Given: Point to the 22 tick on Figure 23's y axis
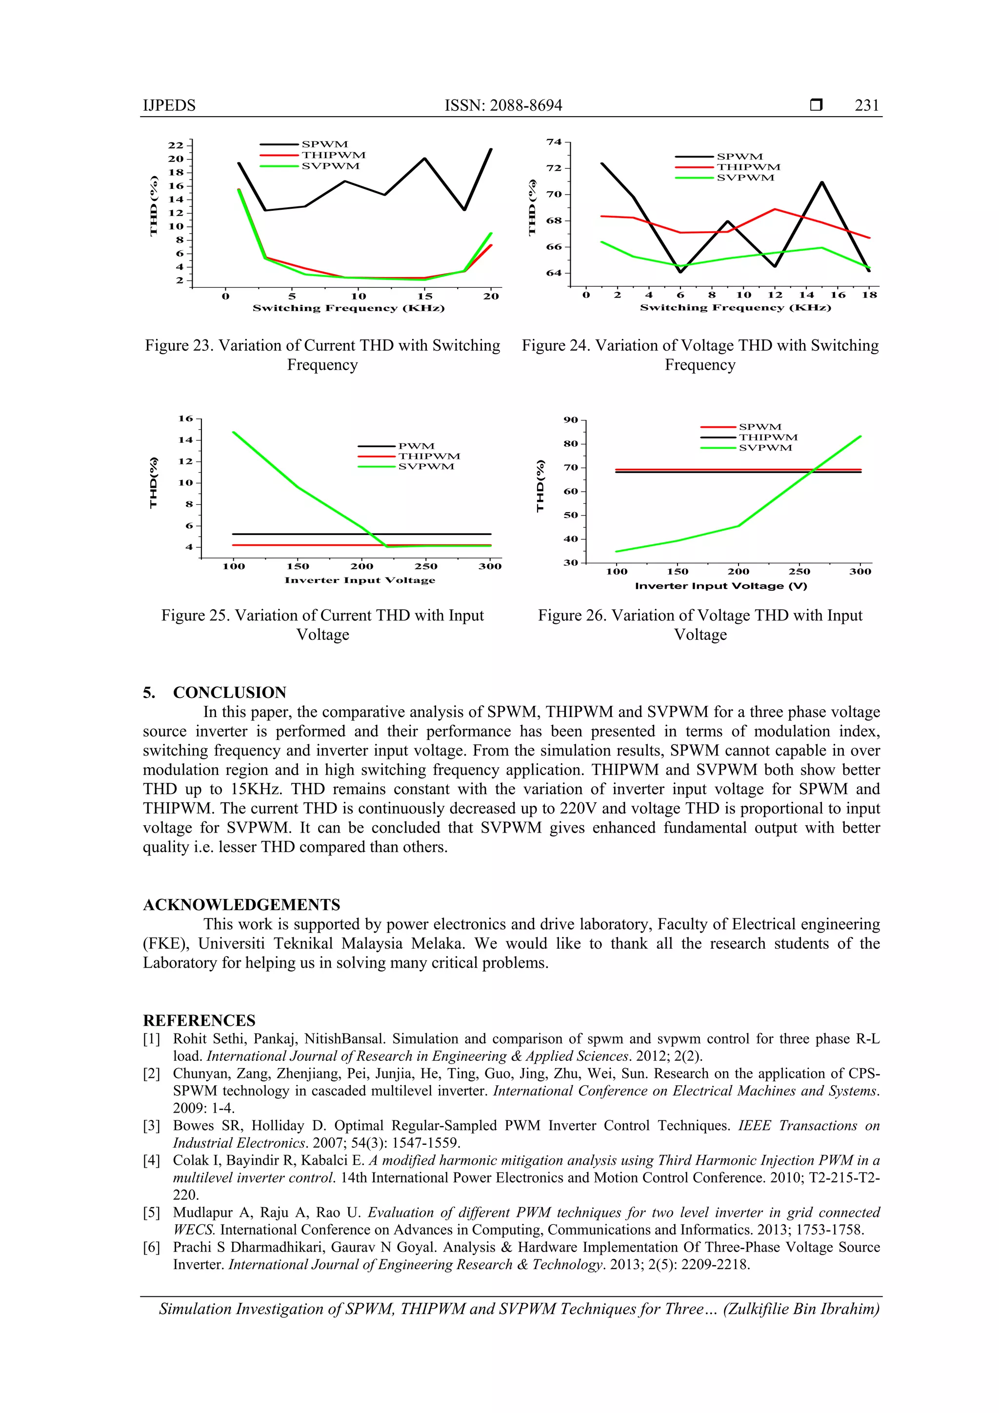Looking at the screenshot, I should click(176, 145).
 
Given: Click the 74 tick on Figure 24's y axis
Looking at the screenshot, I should click(554, 142).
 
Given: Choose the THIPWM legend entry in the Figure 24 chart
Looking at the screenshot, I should click(748, 167).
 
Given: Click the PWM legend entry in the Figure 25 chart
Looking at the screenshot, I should click(416, 446).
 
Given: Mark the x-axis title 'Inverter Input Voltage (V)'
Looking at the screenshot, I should click(721, 586).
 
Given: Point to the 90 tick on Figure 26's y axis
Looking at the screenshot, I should click(571, 420).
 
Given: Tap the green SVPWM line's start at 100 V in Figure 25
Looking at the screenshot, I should click(233, 432).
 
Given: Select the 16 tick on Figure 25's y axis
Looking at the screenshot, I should click(185, 418).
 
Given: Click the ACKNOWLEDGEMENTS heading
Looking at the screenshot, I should click(241, 905).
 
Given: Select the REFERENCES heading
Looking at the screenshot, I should click(199, 1020).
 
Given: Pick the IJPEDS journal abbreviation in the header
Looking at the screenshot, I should click(169, 105).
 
